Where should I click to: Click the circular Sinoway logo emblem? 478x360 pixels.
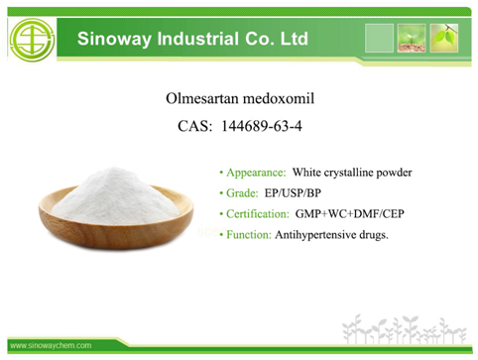click(x=32, y=40)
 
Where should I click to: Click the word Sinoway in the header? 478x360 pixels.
click(x=114, y=39)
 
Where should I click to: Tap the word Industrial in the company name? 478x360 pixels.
click(x=197, y=39)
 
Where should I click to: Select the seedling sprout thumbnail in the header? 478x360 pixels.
click(x=412, y=38)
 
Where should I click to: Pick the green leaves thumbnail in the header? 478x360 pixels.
click(x=444, y=38)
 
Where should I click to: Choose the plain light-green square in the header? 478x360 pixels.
click(x=379, y=38)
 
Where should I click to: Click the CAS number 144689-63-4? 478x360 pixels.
click(x=262, y=126)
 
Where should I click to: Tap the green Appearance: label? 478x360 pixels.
click(x=256, y=173)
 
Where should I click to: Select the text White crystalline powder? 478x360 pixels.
click(x=352, y=173)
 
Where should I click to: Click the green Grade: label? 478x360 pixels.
click(x=242, y=193)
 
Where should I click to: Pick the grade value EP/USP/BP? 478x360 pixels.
click(x=293, y=193)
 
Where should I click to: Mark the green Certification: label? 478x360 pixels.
click(x=258, y=214)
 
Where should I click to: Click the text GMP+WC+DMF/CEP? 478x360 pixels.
click(x=350, y=214)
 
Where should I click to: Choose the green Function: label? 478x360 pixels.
click(x=249, y=235)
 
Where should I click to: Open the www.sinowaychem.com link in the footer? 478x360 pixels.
click(x=51, y=346)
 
